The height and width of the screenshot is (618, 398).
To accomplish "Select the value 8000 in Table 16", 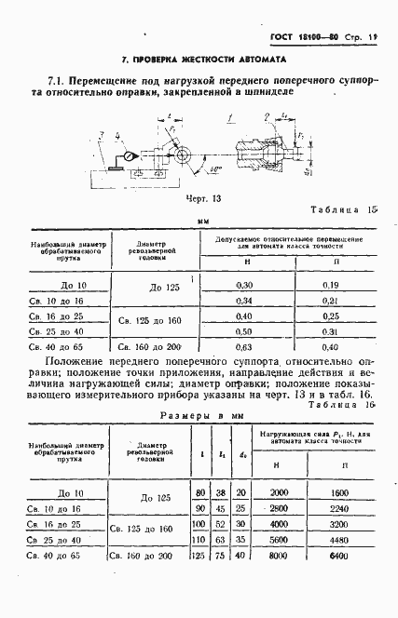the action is [x=276, y=556].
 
